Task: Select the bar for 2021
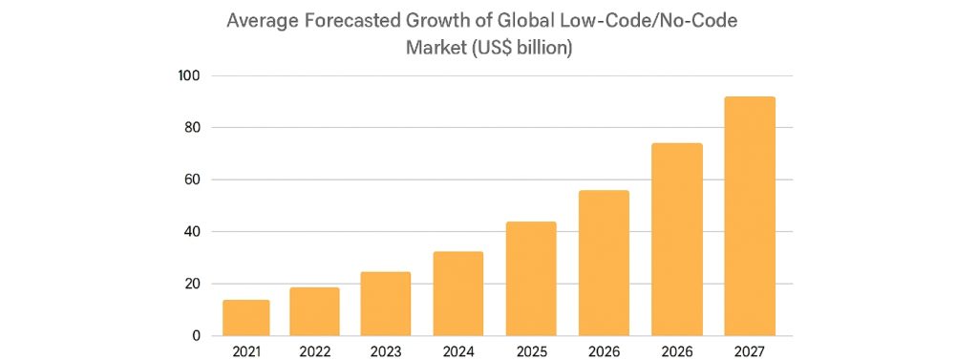pos(246,318)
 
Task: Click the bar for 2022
pos(314,311)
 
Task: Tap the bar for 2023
pos(386,304)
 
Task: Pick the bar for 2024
pos(458,293)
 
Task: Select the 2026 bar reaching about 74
pos(677,240)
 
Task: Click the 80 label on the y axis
pos(191,128)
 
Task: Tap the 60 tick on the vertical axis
pos(191,180)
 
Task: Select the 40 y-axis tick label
pos(191,232)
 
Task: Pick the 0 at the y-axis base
pos(197,336)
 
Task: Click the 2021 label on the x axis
pos(246,351)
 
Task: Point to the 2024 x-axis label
pos(458,351)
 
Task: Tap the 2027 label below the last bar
pos(750,351)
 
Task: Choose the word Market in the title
pos(436,47)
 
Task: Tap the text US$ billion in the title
pos(521,47)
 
